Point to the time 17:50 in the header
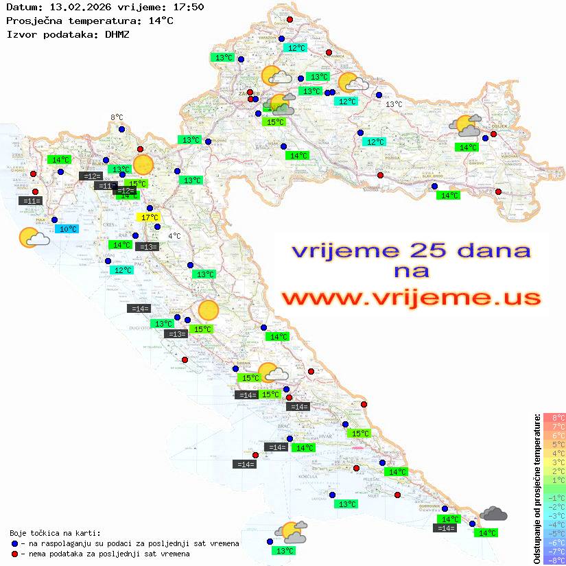(x=187, y=7)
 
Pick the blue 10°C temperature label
(x=68, y=229)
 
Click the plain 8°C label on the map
(x=117, y=118)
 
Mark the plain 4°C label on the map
(x=174, y=236)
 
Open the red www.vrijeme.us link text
(x=410, y=298)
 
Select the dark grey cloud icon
(x=493, y=513)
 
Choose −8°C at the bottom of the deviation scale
(x=554, y=560)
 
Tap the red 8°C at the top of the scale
(x=554, y=417)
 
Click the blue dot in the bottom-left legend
(x=14, y=543)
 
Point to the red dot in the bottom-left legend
(x=14, y=554)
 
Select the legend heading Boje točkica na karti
(x=55, y=532)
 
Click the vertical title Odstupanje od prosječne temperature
(x=536, y=488)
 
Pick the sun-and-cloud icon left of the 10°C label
(x=33, y=238)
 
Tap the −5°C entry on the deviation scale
(x=554, y=533)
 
